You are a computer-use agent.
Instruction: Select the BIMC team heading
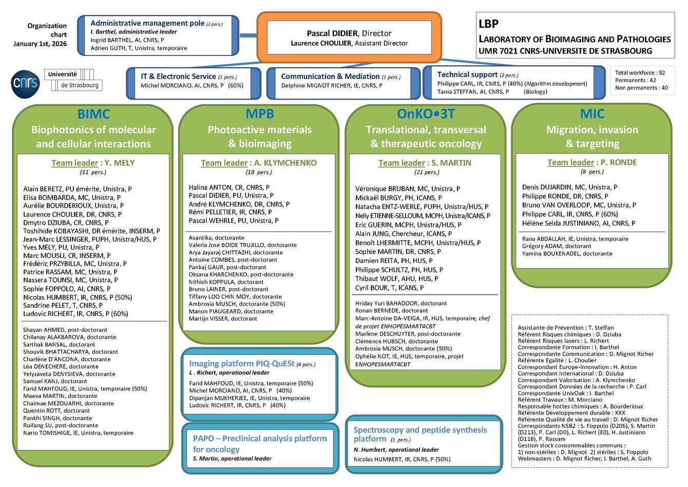(x=93, y=114)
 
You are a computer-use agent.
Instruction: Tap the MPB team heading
(x=260, y=114)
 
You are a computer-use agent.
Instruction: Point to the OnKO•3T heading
(x=426, y=114)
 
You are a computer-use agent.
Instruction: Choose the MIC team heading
(x=592, y=114)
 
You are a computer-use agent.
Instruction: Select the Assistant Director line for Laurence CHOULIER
(x=349, y=44)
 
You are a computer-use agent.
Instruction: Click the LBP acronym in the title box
(x=488, y=24)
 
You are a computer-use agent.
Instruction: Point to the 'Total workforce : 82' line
(x=640, y=73)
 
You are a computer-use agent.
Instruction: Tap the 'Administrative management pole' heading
(x=147, y=23)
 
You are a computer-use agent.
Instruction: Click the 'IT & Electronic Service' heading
(x=178, y=77)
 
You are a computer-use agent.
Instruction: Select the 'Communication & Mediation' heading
(x=330, y=77)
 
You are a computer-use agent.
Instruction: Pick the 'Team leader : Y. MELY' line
(x=93, y=163)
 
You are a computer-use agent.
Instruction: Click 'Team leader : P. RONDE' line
(x=592, y=162)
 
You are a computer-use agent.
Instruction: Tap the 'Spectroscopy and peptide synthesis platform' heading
(x=420, y=434)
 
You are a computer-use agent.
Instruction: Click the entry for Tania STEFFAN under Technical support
(x=473, y=92)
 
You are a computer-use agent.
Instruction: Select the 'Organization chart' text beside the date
(x=47, y=30)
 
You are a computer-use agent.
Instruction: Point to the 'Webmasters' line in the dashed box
(x=584, y=459)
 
